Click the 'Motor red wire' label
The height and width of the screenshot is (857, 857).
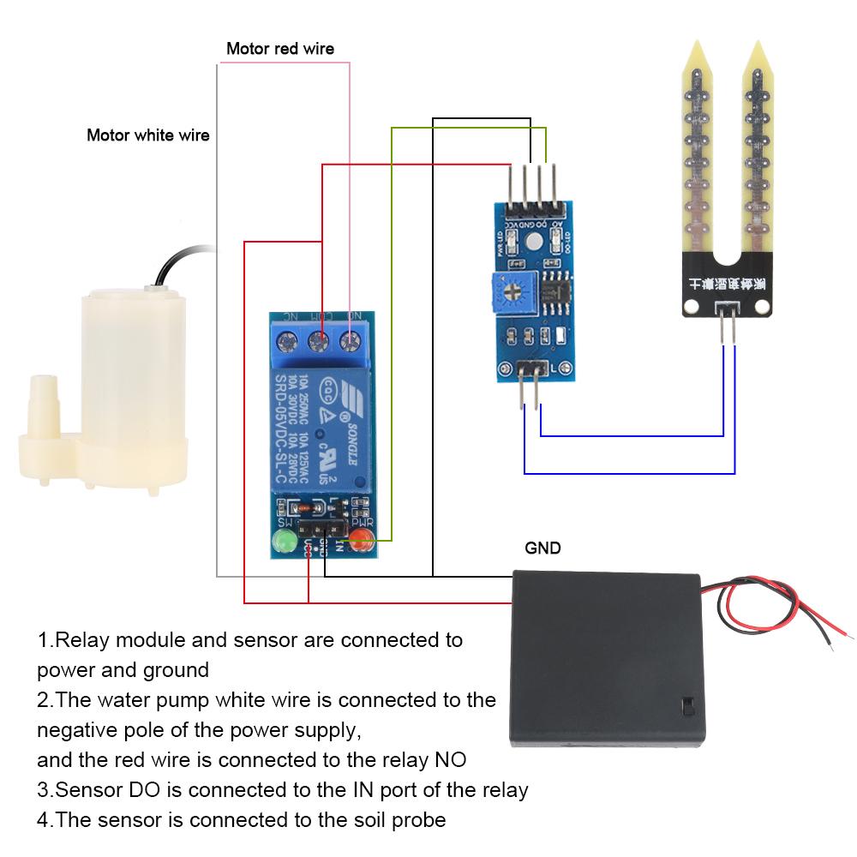click(x=279, y=49)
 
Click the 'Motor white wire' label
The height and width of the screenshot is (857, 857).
click(x=147, y=135)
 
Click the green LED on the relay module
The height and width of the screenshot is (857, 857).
click(x=282, y=542)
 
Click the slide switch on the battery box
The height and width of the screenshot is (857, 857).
click(x=687, y=706)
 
